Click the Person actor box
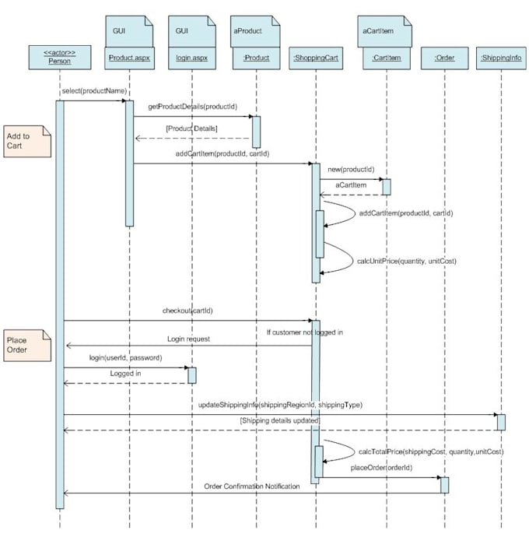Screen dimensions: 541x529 tap(59, 56)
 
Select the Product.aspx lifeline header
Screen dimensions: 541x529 tap(129, 56)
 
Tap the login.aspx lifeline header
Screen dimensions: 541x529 tap(192, 56)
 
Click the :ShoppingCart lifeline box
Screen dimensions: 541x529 tap(316, 56)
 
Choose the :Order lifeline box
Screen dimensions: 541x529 tap(444, 56)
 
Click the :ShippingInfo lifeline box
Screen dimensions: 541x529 tap(500, 56)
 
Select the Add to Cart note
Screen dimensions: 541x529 tap(26, 141)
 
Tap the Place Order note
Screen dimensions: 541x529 tap(26, 345)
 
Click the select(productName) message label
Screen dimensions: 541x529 tap(94, 91)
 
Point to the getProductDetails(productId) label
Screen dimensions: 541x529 tap(189, 106)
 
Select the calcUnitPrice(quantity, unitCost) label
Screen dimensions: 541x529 tap(406, 261)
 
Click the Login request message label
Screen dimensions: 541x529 tap(188, 339)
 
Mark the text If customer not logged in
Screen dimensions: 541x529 tap(304, 332)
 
